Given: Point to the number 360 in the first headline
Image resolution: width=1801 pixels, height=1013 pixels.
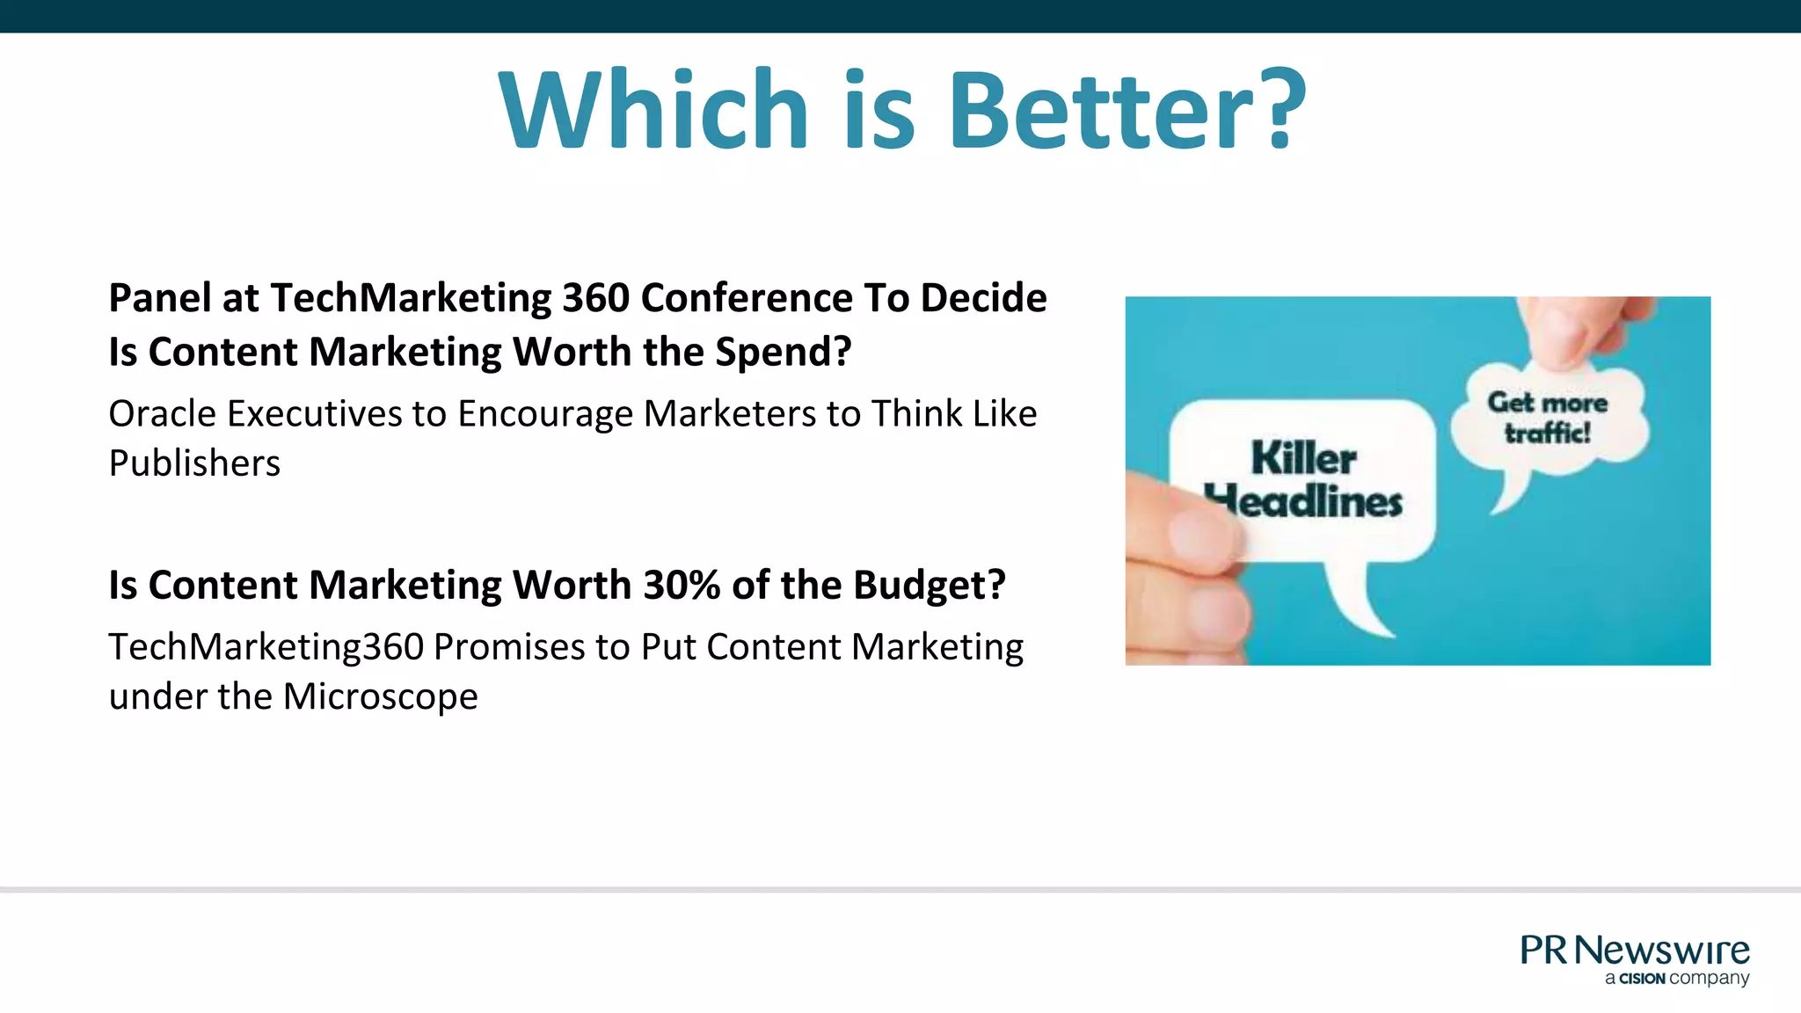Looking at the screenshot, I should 595,298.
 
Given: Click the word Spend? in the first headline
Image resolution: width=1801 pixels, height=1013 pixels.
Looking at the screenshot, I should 783,353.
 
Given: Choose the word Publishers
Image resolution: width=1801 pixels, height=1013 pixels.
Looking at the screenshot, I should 194,463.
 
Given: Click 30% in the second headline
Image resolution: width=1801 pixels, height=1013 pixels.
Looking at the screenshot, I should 682,586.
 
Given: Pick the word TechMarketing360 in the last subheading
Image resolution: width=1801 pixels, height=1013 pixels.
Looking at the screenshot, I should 266,647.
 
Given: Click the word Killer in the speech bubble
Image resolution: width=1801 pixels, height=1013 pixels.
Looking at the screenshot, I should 1303,459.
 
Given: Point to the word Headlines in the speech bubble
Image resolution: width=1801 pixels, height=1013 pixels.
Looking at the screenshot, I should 1305,502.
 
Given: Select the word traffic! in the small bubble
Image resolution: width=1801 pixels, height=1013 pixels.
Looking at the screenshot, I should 1548,433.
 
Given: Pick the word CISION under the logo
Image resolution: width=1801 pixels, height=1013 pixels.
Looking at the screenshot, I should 1642,979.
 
